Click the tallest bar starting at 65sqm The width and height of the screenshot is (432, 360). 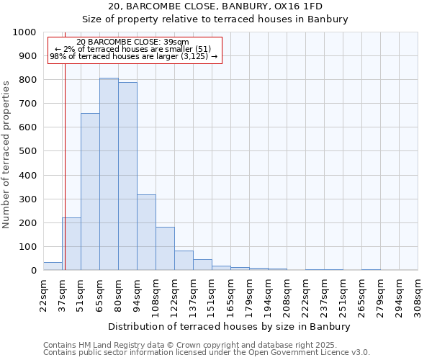pos(109,174)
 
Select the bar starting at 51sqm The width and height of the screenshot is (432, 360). pos(90,192)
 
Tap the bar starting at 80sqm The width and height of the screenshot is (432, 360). pos(127,176)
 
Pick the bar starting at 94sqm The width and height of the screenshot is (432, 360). pos(146,233)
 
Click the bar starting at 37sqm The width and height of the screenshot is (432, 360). pos(71,244)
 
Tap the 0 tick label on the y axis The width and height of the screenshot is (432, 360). pos(33,271)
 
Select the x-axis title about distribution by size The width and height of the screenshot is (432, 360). pos(230,326)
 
